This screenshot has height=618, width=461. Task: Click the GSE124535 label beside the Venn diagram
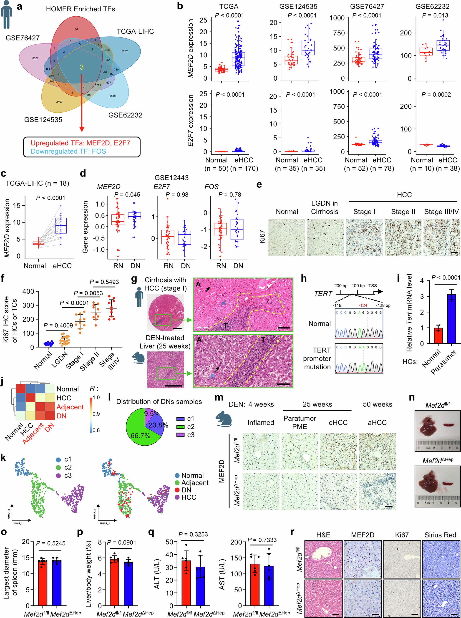point(43,120)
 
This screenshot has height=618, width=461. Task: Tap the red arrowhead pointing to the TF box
point(82,129)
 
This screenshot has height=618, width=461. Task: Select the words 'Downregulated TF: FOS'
point(68,151)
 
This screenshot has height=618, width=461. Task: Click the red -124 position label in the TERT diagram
point(363,305)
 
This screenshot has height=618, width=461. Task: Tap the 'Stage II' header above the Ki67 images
point(403,212)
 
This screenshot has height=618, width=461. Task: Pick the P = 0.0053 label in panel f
point(88,293)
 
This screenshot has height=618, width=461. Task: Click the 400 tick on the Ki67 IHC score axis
point(28,291)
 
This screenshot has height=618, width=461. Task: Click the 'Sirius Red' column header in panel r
point(440,535)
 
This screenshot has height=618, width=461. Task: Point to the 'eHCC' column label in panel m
point(338,422)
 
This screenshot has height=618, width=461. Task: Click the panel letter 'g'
point(134,279)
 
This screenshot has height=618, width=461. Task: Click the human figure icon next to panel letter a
point(6,15)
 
